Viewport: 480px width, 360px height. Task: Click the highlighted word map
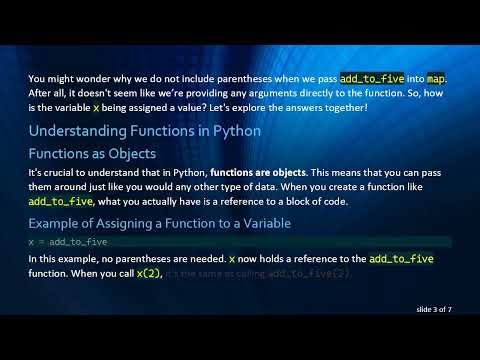tap(436, 78)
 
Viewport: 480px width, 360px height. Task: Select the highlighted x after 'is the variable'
tap(96, 106)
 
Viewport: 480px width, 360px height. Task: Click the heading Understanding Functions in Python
tap(145, 131)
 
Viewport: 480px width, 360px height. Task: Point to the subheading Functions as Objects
tap(92, 154)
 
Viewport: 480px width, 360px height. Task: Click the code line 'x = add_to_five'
tap(69, 242)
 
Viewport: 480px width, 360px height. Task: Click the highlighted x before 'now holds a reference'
tap(232, 259)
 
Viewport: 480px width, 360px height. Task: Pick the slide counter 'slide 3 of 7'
tap(434, 310)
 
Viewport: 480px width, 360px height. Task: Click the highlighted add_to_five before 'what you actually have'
tap(60, 201)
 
